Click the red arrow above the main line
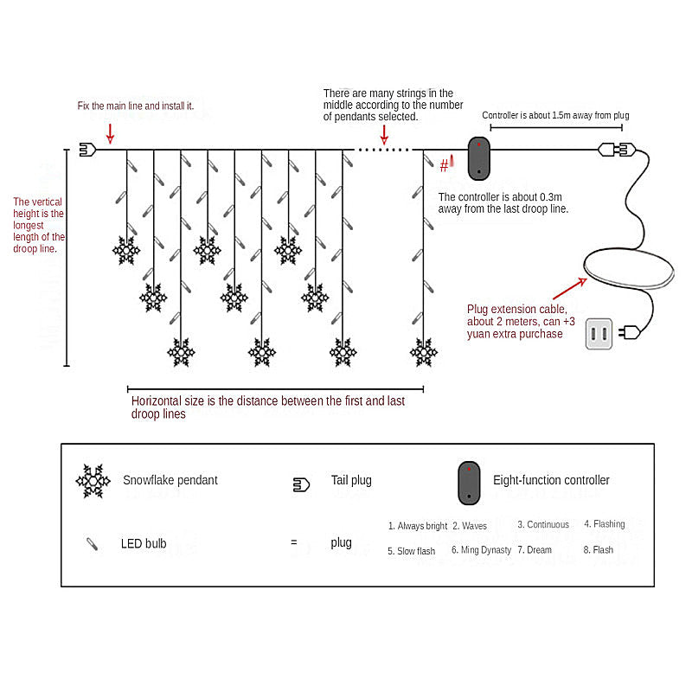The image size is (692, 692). [110, 132]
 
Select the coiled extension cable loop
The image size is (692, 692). [628, 269]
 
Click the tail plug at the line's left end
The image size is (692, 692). [86, 149]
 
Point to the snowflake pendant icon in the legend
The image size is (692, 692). [93, 481]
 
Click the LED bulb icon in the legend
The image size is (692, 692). [92, 544]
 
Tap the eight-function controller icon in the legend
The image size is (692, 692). [469, 483]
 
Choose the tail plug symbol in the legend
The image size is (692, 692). [300, 484]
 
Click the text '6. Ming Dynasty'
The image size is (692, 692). [481, 550]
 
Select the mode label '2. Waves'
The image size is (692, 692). [469, 526]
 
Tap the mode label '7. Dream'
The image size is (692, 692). [535, 550]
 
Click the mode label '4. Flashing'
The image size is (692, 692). [604, 524]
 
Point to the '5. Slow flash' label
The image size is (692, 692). [411, 551]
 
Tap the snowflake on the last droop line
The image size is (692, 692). [423, 352]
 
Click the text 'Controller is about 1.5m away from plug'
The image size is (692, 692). [555, 115]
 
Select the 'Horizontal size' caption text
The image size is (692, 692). [267, 407]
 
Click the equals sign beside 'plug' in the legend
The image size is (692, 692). [293, 543]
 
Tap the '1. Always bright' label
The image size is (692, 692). [418, 526]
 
